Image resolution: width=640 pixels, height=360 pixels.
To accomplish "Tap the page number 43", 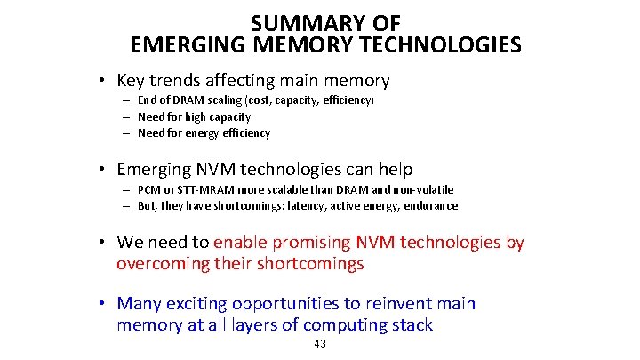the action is [x=321, y=344].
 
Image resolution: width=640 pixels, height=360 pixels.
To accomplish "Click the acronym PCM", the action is [x=149, y=190].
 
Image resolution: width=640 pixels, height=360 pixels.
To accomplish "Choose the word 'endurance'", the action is [x=430, y=206].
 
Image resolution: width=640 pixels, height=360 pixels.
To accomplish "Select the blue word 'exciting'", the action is [x=202, y=304].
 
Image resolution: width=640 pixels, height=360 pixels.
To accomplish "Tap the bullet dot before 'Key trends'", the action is [x=103, y=82].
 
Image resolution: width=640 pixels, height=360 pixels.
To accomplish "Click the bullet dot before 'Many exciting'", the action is [x=103, y=305].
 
